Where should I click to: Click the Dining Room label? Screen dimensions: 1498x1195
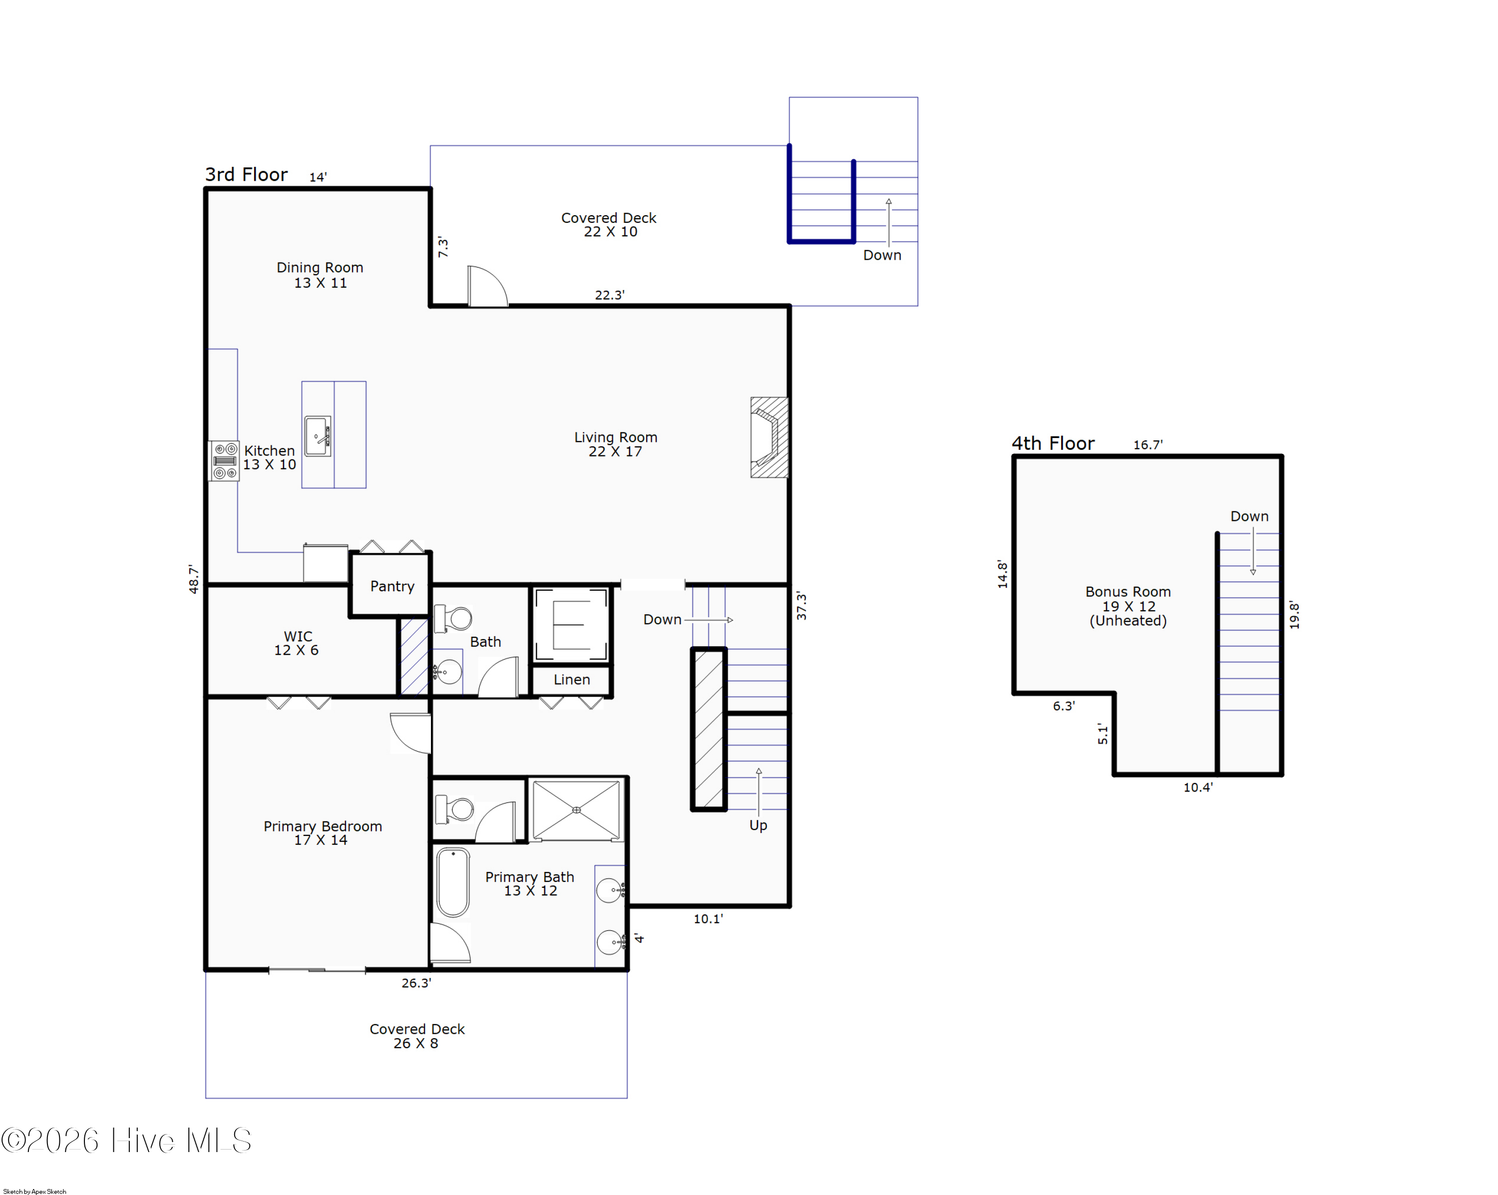click(x=320, y=275)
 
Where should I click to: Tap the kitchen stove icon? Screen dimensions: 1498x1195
click(x=224, y=460)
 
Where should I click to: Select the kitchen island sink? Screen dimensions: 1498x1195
click(x=318, y=435)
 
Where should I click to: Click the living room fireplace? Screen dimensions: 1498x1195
click(x=769, y=437)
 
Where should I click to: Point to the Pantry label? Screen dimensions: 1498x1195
click(x=392, y=586)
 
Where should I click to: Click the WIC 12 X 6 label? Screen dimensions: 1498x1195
click(x=297, y=643)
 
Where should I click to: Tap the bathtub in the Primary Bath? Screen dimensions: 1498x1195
click(x=453, y=882)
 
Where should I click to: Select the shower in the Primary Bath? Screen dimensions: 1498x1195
click(x=576, y=810)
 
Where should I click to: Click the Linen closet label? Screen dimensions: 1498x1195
click(x=572, y=680)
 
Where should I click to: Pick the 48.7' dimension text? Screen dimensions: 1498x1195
click(x=193, y=579)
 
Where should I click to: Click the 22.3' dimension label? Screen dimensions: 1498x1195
click(x=609, y=295)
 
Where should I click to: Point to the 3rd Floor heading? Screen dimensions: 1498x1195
click(x=246, y=174)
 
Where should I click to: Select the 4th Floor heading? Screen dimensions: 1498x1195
click(x=1053, y=443)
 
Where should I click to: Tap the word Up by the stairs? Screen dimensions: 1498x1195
click(x=758, y=825)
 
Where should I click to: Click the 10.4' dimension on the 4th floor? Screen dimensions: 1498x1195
click(x=1198, y=787)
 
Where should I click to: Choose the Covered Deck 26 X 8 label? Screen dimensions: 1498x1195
click(x=417, y=1036)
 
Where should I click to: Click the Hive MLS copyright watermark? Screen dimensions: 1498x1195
click(x=126, y=1140)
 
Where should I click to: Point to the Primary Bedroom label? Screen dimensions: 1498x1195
click(x=323, y=833)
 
